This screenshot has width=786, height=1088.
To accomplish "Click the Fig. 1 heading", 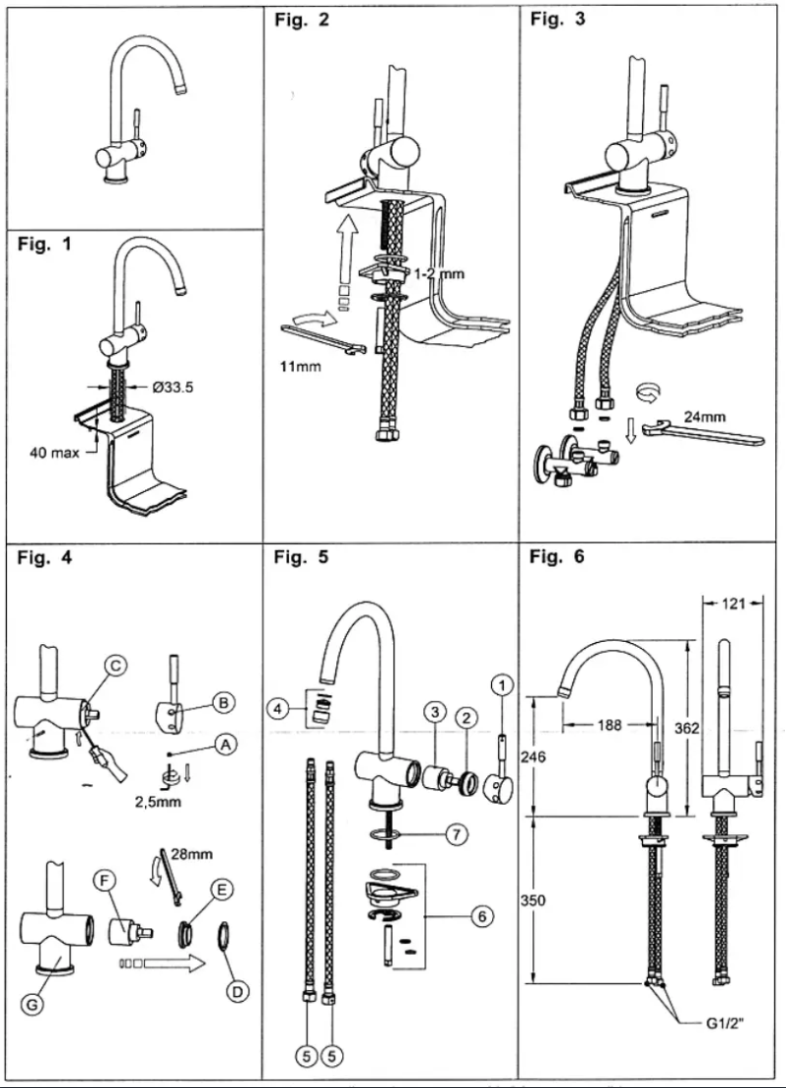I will coord(45,244).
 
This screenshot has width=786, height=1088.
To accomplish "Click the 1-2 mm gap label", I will coord(437,274).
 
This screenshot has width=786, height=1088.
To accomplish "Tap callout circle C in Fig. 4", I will coord(115,667).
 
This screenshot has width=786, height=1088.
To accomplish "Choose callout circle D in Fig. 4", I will coord(235,992).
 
